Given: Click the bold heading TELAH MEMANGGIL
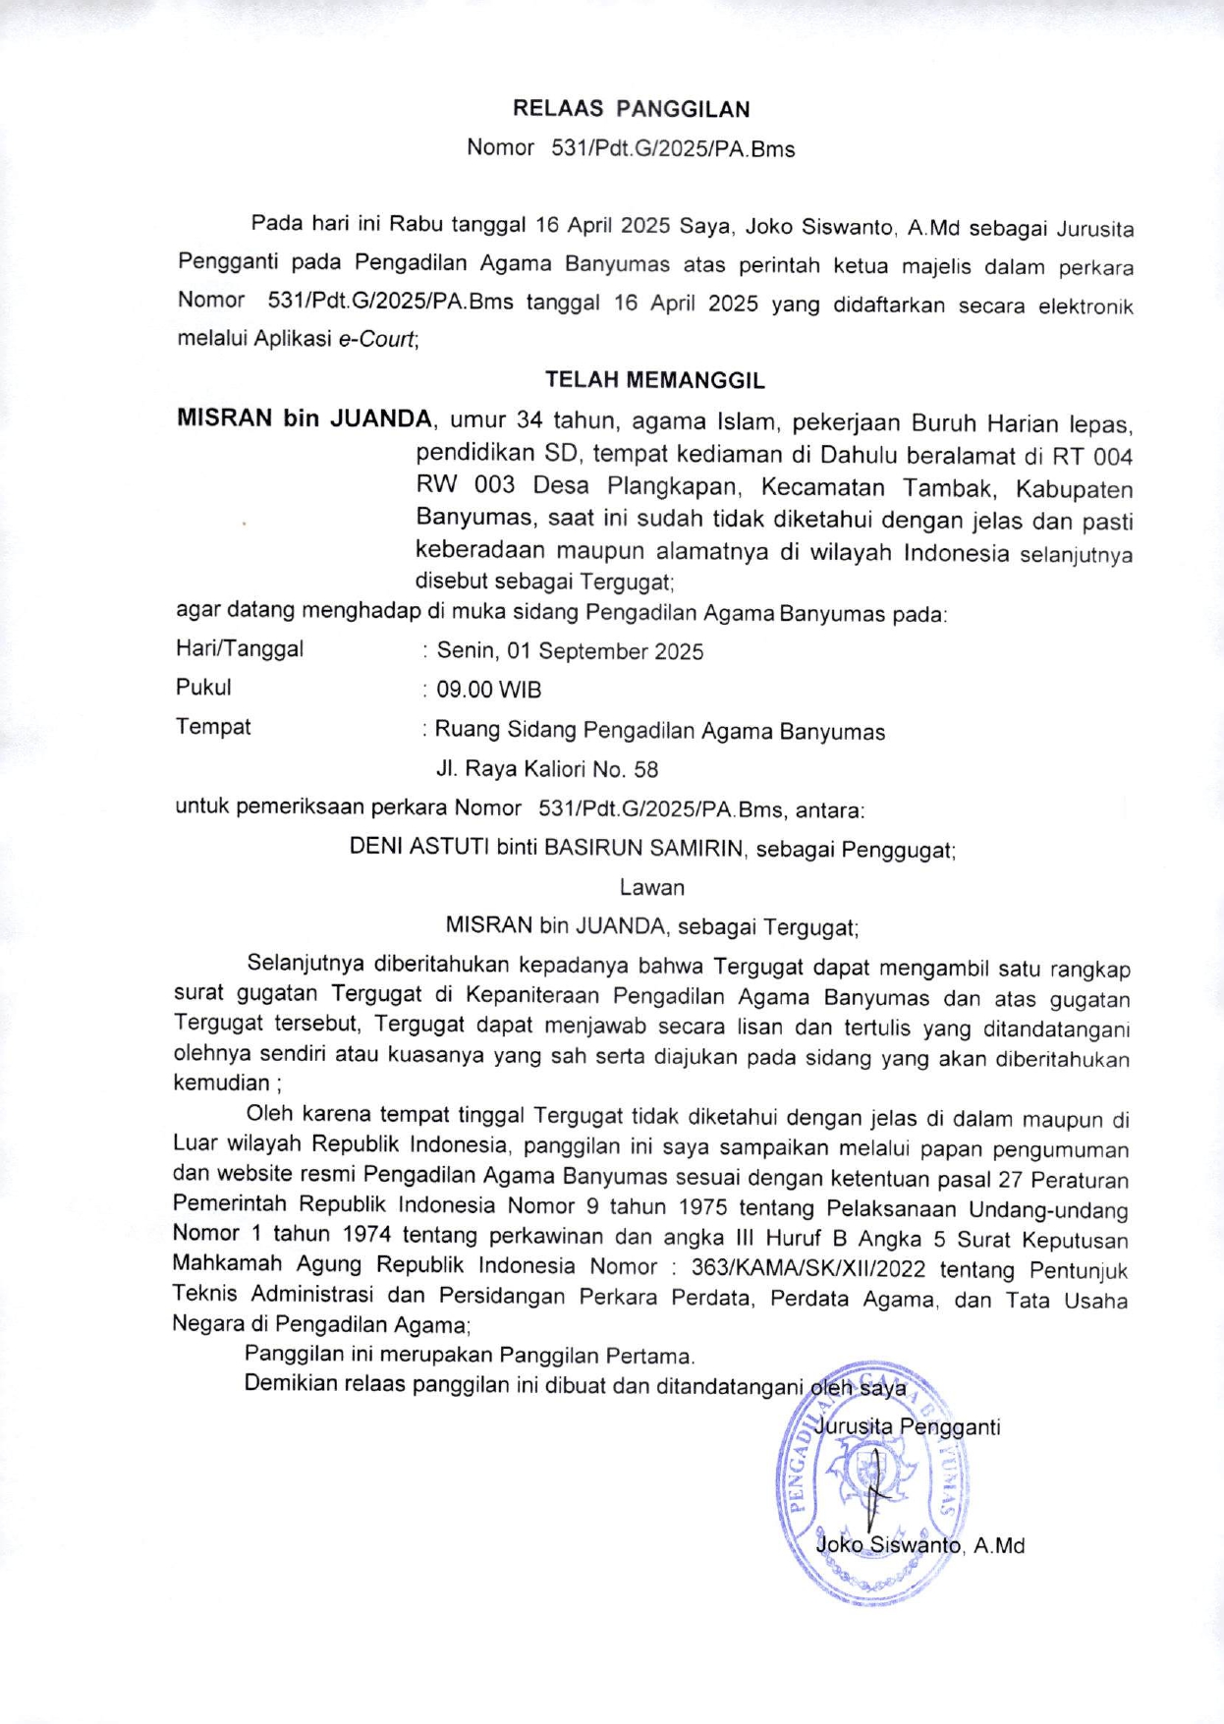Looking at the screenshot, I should click(x=654, y=380).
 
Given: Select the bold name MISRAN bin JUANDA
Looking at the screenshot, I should click(x=304, y=419).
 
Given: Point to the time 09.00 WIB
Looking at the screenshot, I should click(x=488, y=691).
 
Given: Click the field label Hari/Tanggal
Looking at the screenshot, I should click(x=240, y=649).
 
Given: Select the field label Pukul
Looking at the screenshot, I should click(x=203, y=688).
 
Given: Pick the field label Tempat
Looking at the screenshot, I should click(x=213, y=727).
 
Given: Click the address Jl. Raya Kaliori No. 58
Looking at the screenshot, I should click(x=547, y=769).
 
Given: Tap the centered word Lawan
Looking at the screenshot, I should click(x=651, y=888).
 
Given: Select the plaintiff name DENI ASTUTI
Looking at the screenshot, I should click(x=419, y=847).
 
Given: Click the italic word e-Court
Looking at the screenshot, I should click(x=377, y=341).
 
